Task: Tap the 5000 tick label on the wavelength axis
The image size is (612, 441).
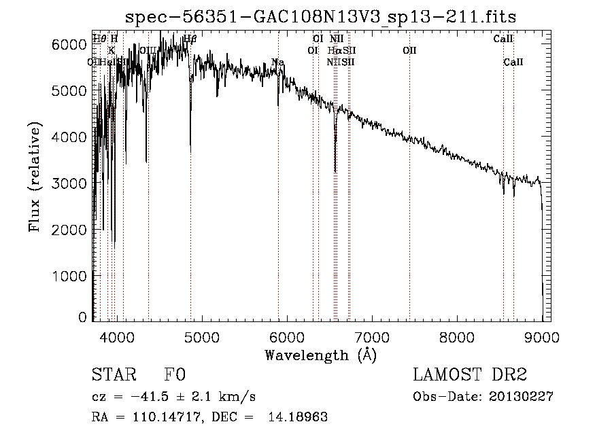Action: click(x=201, y=336)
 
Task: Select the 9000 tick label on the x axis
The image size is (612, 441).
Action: click(x=542, y=336)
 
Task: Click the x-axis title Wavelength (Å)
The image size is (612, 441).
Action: click(x=320, y=355)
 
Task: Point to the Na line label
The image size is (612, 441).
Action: click(x=277, y=63)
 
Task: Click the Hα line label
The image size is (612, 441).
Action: click(x=333, y=50)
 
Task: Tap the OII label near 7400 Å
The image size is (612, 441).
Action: click(x=409, y=50)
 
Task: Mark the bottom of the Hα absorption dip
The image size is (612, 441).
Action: click(x=335, y=171)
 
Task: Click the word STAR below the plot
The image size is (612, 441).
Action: click(x=112, y=375)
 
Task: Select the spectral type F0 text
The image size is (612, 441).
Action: click(x=174, y=375)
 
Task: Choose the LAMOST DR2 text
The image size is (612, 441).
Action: click(x=470, y=375)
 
